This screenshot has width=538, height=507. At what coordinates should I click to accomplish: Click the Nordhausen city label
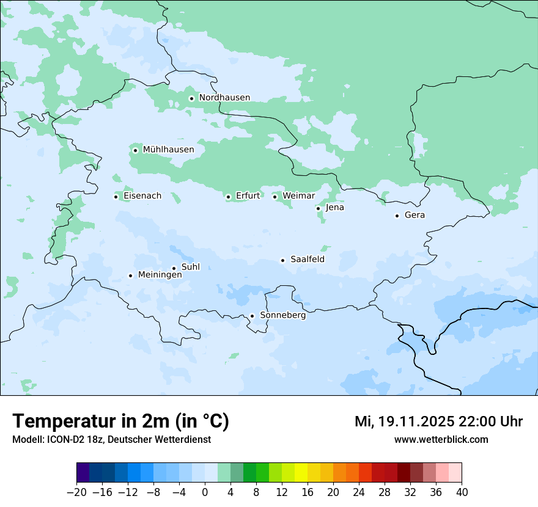(x=224, y=98)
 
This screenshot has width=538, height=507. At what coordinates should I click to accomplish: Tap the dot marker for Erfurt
(x=228, y=197)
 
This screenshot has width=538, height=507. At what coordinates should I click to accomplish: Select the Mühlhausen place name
(x=168, y=150)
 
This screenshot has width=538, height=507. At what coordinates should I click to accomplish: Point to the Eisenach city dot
(x=116, y=197)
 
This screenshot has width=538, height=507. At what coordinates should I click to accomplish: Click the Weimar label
(x=298, y=196)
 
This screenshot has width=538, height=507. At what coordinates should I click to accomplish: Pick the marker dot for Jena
(x=318, y=208)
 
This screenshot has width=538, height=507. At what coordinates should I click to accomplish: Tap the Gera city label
(x=415, y=215)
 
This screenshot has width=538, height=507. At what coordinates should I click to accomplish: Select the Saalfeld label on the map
(x=307, y=260)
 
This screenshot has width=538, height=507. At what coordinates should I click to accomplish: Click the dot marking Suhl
(x=174, y=268)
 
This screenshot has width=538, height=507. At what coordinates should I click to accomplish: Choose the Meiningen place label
(x=160, y=275)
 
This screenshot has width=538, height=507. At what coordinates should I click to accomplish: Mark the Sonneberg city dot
(x=252, y=316)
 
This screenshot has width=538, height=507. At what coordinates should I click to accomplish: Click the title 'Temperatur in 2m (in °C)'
(x=120, y=421)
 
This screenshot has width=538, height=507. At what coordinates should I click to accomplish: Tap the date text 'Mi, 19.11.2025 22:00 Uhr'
(x=438, y=421)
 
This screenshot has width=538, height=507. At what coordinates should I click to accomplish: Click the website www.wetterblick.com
(x=441, y=439)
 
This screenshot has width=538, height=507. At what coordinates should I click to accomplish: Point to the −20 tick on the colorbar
(x=77, y=492)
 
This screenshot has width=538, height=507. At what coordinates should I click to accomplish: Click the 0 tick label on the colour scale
(x=205, y=492)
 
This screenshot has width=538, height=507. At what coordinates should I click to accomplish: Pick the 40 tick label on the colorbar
(x=461, y=492)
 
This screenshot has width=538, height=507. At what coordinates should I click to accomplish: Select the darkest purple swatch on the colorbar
(x=83, y=473)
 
